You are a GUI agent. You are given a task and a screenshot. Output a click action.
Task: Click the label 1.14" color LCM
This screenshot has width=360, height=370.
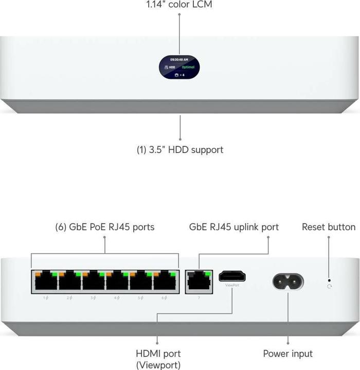point(179,5)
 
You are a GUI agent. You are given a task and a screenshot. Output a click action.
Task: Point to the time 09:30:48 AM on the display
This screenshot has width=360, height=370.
point(179,59)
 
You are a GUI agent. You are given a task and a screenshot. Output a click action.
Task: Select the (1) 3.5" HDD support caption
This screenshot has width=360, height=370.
point(179,150)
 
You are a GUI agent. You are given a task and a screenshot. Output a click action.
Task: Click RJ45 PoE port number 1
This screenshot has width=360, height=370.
point(45,281)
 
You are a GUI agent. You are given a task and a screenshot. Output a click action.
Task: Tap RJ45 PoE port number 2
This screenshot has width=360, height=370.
point(69,281)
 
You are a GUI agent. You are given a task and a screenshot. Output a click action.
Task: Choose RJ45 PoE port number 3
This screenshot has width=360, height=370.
point(93,281)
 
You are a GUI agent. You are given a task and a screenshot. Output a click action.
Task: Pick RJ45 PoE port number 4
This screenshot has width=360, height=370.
point(117,281)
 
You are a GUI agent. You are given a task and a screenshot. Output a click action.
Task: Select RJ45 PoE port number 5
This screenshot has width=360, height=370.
point(141,281)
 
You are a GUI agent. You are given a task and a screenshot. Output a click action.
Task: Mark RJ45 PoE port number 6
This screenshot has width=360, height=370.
point(165,281)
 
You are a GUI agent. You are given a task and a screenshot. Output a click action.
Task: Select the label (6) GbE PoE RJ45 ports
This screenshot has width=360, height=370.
point(104,227)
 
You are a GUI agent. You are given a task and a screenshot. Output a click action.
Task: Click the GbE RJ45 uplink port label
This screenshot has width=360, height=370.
point(234,227)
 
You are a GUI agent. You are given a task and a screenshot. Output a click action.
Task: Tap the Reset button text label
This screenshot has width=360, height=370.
point(329,227)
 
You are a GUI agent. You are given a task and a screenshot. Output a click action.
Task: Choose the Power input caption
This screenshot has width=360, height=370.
point(287,354)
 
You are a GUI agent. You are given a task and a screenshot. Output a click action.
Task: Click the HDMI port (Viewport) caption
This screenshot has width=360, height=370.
point(158,359)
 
